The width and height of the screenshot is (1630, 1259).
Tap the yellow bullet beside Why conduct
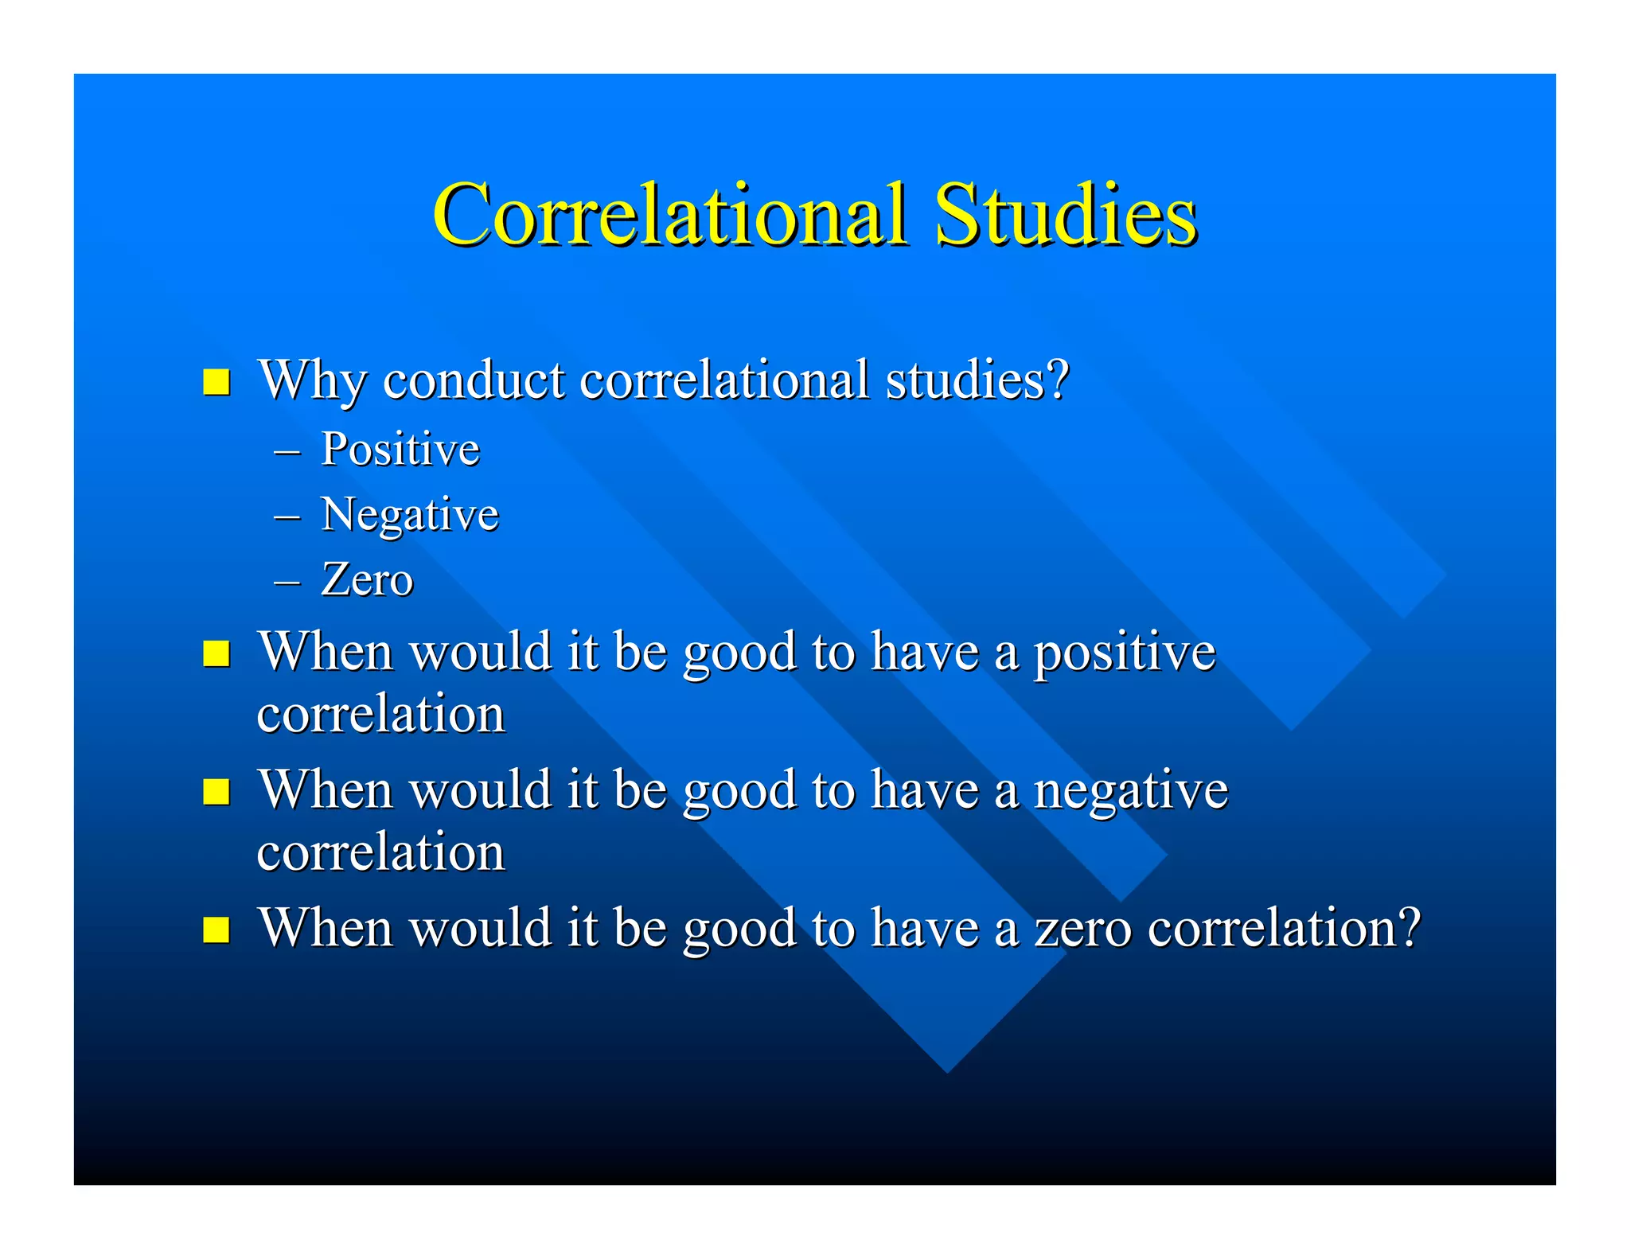coord(216,382)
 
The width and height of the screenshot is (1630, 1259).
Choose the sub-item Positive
coord(400,449)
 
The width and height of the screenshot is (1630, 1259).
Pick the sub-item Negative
coord(410,514)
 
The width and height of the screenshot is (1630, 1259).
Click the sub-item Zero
coord(367,579)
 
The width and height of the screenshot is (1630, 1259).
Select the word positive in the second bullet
coord(1124,653)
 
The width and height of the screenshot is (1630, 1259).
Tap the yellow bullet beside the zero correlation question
coord(216,930)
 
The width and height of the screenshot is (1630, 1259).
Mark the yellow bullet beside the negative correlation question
coord(216,792)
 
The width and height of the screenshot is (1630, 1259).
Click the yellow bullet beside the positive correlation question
coord(216,654)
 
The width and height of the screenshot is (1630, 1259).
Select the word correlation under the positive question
coord(380,714)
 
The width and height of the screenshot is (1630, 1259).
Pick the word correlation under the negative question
coord(380,852)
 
